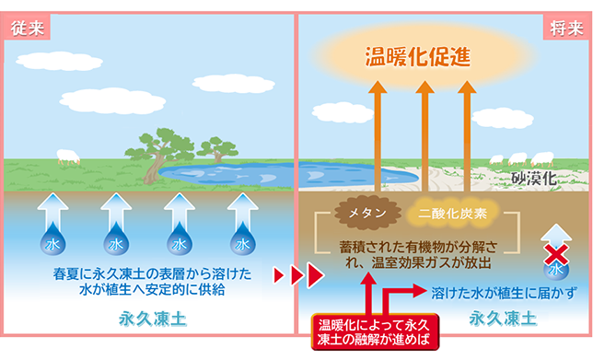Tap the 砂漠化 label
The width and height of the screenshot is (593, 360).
point(536,179)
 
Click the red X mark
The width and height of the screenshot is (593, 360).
point(554,252)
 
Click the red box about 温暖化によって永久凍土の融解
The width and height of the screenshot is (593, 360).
point(370,332)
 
